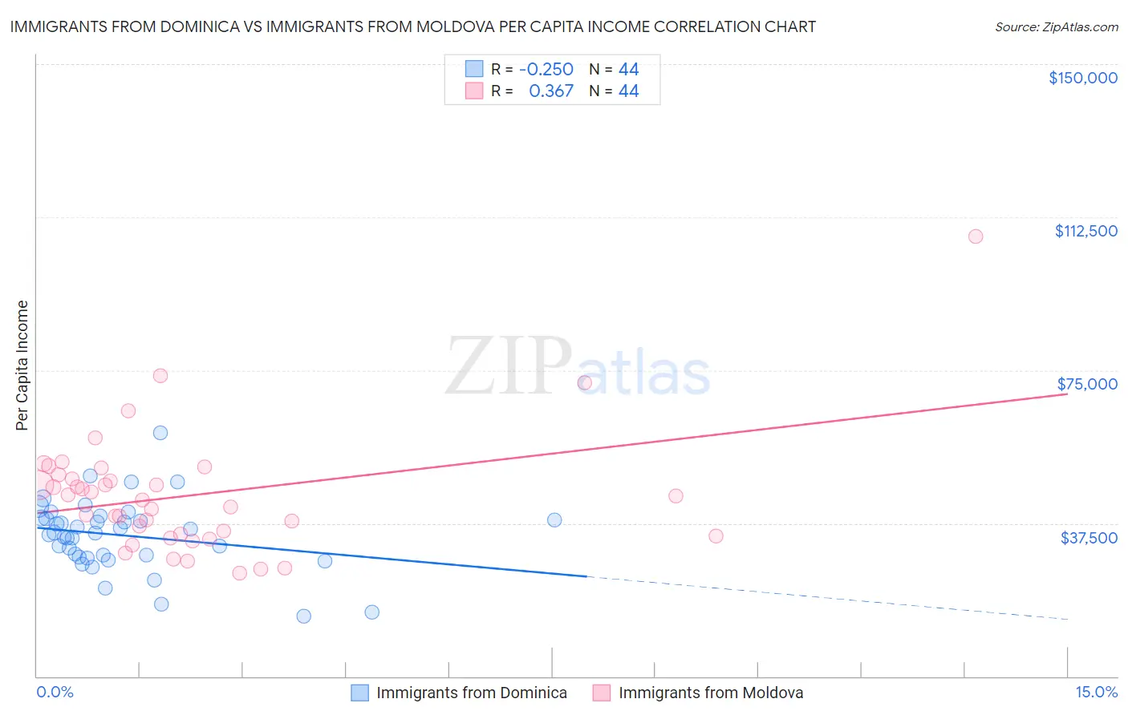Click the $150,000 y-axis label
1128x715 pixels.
point(1082,78)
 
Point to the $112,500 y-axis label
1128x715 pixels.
point(1085,231)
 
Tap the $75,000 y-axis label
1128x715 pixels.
point(1087,384)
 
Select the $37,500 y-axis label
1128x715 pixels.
point(1089,538)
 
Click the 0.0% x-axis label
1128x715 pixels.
point(55,693)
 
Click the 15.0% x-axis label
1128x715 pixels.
point(1096,693)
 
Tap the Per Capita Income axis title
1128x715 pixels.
point(22,365)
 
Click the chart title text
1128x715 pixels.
point(412,27)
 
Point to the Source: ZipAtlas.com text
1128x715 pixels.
point(1056,27)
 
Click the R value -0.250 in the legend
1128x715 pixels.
point(546,70)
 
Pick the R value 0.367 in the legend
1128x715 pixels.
point(551,91)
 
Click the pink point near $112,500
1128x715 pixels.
point(976,236)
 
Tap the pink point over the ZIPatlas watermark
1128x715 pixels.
point(585,383)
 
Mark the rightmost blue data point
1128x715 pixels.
point(554,520)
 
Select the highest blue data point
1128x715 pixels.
point(160,433)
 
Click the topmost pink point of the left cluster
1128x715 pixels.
point(160,376)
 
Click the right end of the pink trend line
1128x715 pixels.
point(1066,394)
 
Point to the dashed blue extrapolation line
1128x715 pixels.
point(826,598)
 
